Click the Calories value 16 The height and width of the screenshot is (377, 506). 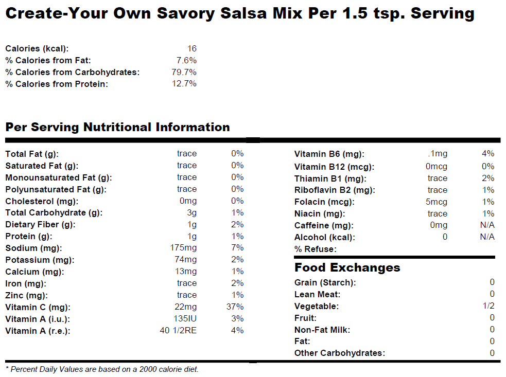tap(191, 49)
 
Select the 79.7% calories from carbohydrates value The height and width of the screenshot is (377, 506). tap(184, 72)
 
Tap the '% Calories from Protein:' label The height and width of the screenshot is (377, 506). tap(57, 84)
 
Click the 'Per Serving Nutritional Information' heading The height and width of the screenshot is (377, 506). tap(117, 127)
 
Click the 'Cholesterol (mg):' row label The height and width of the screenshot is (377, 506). tap(39, 201)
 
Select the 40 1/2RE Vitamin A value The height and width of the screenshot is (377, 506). tap(178, 330)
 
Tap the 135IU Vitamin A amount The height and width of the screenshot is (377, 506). tap(185, 319)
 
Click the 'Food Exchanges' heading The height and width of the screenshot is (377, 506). tap(347, 267)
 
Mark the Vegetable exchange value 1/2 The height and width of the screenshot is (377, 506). tap(488, 306)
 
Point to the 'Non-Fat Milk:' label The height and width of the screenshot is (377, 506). tap(322, 330)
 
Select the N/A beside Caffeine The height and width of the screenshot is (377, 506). tap(487, 225)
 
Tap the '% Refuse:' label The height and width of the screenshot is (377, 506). tap(315, 249)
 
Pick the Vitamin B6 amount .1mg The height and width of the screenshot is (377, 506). tap(438, 154)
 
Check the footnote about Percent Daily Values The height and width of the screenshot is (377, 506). tap(102, 369)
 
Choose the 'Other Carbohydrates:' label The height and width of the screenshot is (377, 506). tap(339, 353)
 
